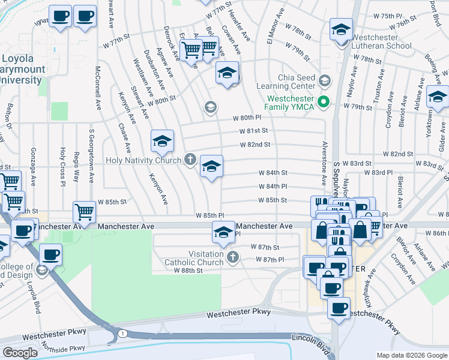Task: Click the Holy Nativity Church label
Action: [143, 160]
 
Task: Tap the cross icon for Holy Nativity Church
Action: [190, 160]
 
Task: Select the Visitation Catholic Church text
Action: [197, 258]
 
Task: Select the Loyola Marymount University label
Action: [24, 70]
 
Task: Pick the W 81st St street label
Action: [253, 131]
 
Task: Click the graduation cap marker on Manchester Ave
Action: [223, 233]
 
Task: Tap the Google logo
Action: [20, 353]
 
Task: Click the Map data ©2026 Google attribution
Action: [411, 355]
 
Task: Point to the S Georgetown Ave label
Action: [92, 149]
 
